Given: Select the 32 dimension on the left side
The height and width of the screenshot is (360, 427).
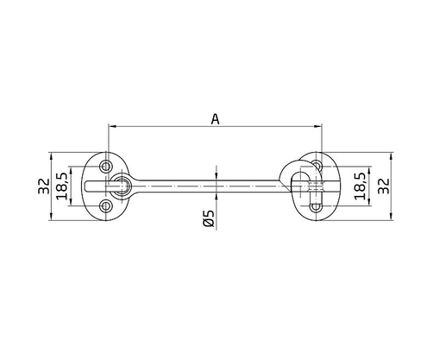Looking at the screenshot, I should tap(41, 185).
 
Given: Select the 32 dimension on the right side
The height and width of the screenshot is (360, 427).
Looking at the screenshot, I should tap(385, 185).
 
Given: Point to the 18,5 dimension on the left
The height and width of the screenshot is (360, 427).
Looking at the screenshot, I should tap(61, 185).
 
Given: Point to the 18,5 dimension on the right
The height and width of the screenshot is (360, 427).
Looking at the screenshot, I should tap(359, 185).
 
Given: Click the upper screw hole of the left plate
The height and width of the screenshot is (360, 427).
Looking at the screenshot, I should tap(107, 164).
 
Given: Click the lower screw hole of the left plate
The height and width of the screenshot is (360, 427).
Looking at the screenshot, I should tap(107, 205).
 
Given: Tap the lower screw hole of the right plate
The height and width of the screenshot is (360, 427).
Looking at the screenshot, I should tap(315, 205).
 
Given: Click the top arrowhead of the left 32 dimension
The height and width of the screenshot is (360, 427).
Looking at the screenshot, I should tap(52, 157).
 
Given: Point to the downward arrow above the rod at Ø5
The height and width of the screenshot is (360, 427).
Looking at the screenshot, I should tap(214, 175).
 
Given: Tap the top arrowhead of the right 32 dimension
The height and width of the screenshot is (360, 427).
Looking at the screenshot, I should tap(393, 157).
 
